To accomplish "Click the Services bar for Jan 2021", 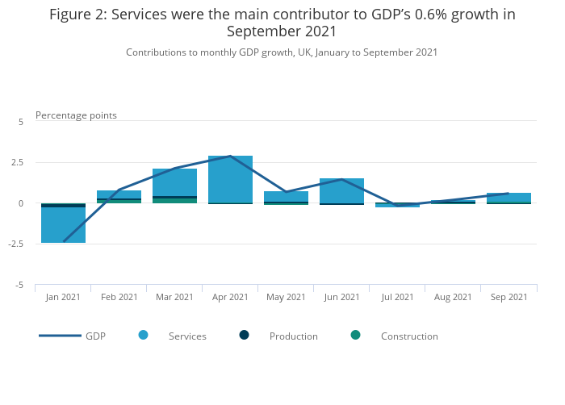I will (64, 225).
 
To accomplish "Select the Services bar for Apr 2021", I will (231, 179).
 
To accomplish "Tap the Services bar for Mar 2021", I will (175, 182).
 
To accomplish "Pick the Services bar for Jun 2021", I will (342, 190).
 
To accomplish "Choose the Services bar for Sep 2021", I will (508, 197).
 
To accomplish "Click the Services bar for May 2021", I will (287, 196).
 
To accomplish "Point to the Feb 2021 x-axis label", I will (119, 297).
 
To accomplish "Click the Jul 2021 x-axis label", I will (398, 297).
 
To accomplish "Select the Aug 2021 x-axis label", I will (453, 297).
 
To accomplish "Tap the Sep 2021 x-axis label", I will (508, 297).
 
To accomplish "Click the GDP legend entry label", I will (95, 336).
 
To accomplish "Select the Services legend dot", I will (143, 335).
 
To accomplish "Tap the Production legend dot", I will (244, 335).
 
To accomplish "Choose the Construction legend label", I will (409, 336).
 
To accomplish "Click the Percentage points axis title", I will (76, 115).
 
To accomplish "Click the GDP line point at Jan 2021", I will (64, 241).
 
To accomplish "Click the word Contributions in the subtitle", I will (156, 52).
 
